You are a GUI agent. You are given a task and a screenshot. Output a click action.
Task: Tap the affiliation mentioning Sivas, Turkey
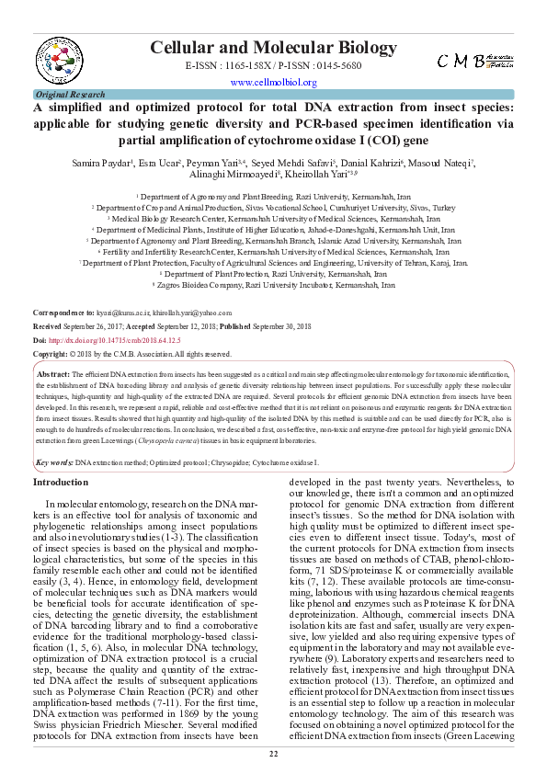coord(273,208)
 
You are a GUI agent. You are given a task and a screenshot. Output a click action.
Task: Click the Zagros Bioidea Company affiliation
coord(273,285)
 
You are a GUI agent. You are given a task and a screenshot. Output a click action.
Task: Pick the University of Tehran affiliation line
coord(273,262)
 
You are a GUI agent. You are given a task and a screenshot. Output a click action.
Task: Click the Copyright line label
coord(51,353)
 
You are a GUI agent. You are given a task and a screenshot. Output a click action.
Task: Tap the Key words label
coord(53,462)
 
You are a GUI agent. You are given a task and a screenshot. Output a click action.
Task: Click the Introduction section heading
coord(61,482)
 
